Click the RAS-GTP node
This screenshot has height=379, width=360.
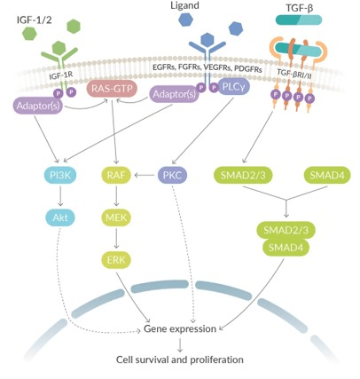tap(112, 89)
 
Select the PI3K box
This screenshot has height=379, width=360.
tap(60, 176)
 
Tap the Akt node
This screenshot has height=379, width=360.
tap(60, 217)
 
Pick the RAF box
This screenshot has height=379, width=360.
tap(116, 176)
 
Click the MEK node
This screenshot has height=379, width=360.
tap(116, 217)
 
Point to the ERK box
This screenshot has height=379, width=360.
tap(116, 260)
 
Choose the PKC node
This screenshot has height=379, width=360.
tap(173, 176)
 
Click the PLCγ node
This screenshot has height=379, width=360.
tap(234, 87)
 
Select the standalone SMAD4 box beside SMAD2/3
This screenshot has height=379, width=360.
tap(327, 176)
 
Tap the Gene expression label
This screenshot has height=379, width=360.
tap(180, 328)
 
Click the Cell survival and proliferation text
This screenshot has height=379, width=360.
tap(180, 359)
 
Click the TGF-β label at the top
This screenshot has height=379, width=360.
tap(299, 8)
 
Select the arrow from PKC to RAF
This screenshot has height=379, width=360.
tap(145, 176)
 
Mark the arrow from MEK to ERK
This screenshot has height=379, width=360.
tap(116, 238)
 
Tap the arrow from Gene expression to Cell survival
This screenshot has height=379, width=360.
tap(180, 344)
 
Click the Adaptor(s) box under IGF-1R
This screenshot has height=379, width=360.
tap(38, 106)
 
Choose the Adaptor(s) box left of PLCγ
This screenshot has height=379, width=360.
tap(174, 94)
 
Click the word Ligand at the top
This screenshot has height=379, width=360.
tap(184, 5)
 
